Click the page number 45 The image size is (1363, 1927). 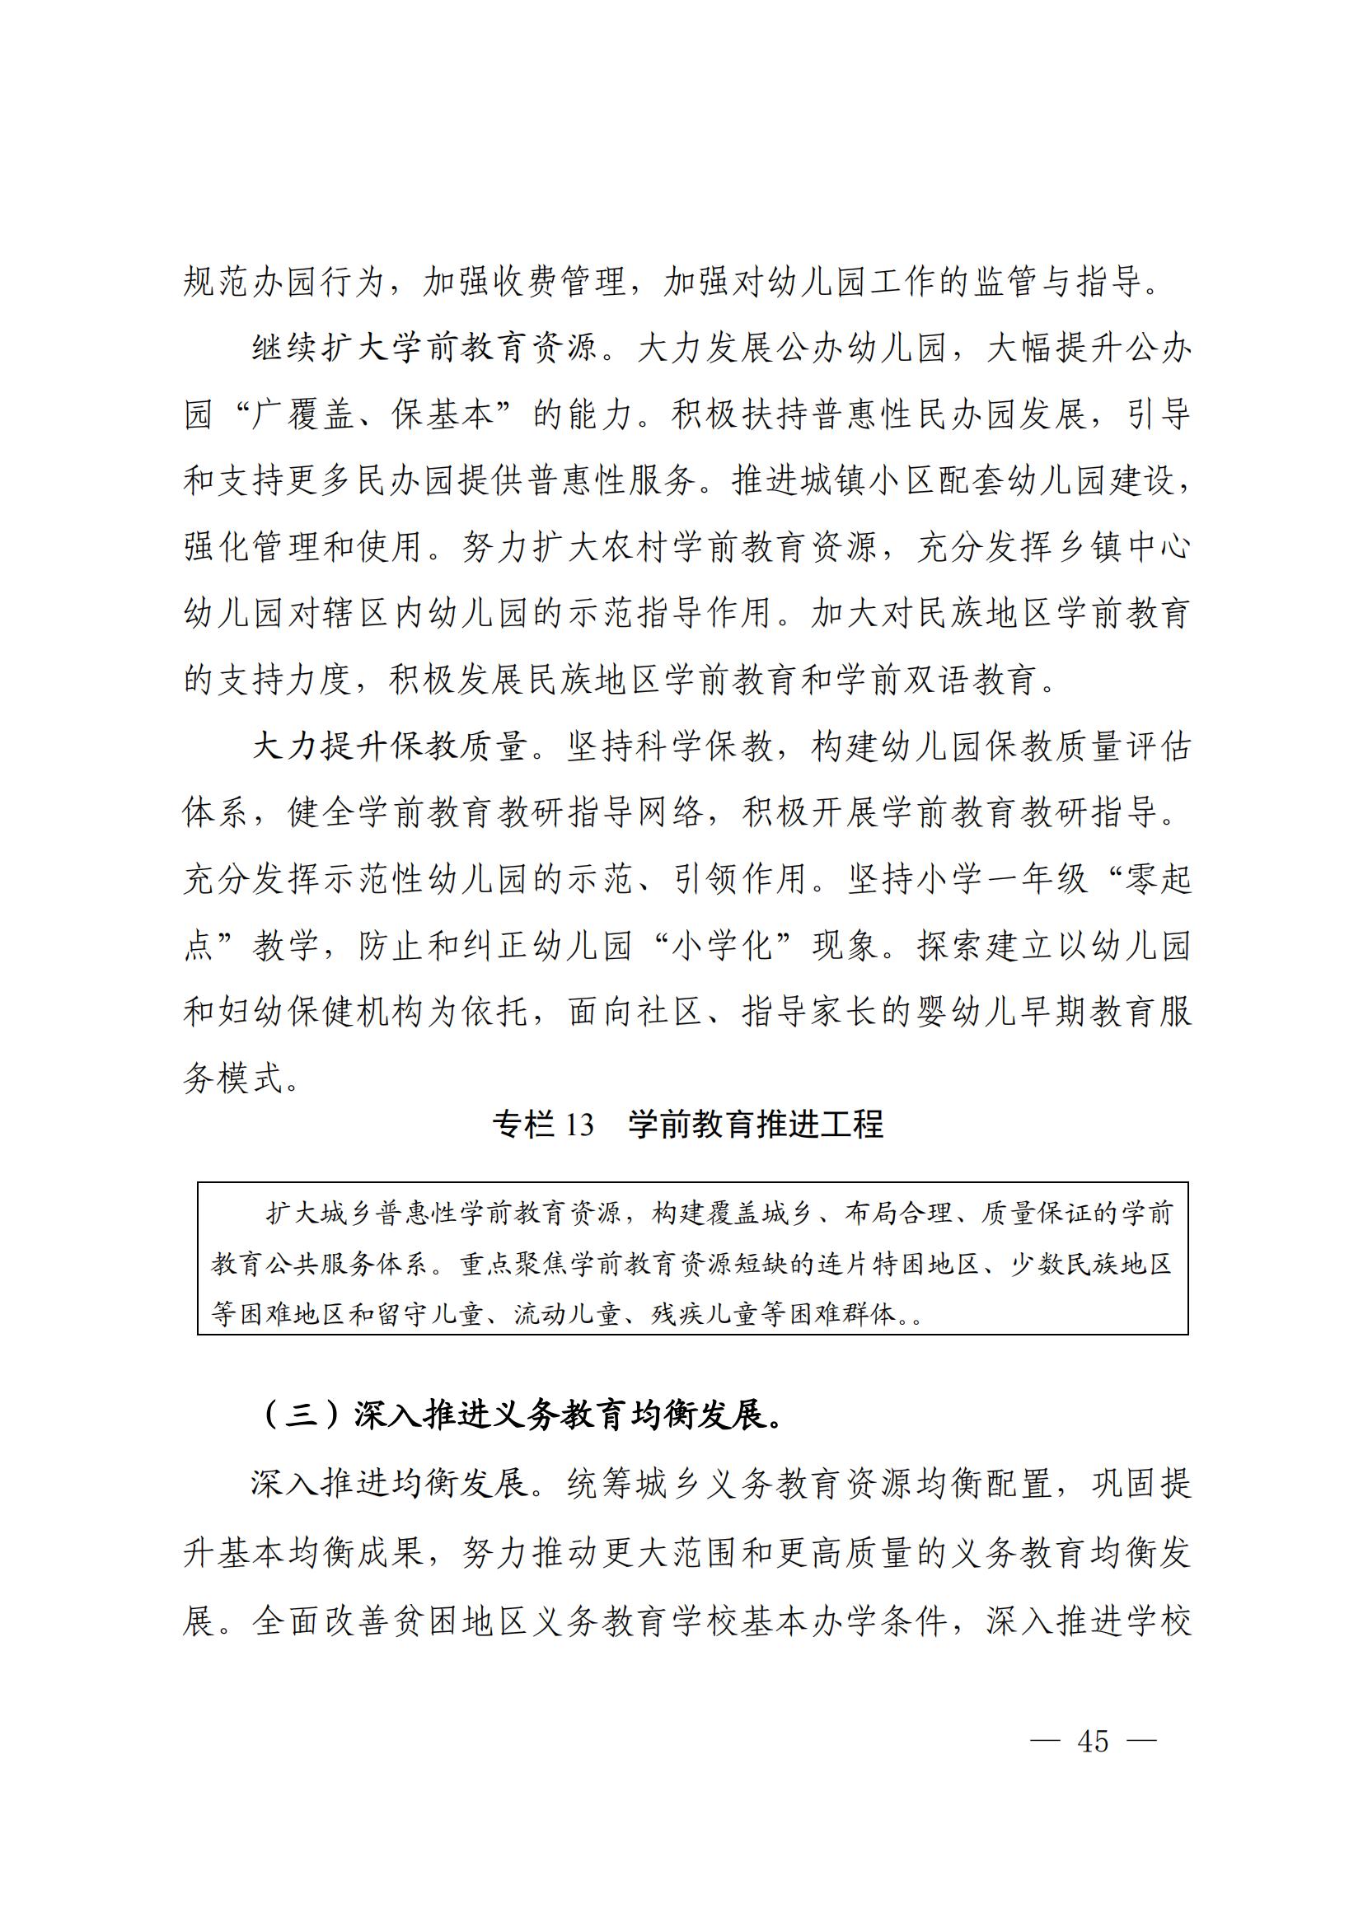1093,1742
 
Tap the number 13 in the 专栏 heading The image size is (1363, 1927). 579,1125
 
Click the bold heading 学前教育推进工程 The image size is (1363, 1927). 756,1125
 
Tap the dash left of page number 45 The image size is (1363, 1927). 1045,1742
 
